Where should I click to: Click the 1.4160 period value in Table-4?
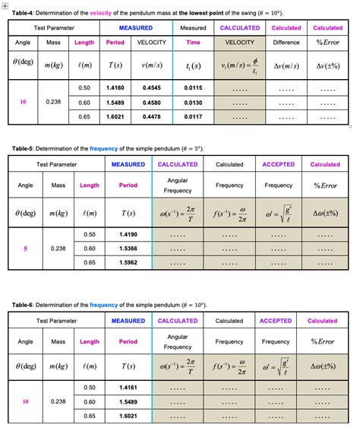tap(116, 87)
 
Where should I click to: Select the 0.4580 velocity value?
tap(152, 102)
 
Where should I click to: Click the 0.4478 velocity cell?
tap(152, 116)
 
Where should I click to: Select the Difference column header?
tap(286, 43)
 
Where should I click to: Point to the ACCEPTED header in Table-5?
tap(278, 164)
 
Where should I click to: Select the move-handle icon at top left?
tap(5, 4)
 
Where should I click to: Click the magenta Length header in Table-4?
tap(84, 43)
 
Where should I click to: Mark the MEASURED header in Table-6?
tap(128, 321)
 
